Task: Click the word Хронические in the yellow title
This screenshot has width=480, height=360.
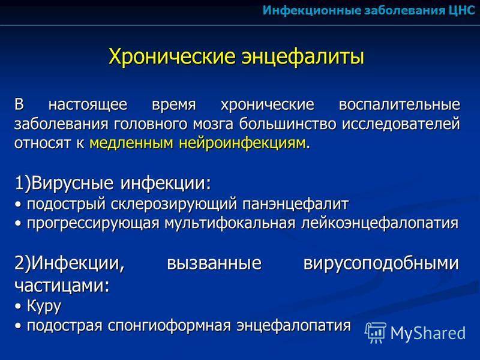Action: [x=172, y=56]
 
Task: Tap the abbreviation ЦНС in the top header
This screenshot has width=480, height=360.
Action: [x=462, y=11]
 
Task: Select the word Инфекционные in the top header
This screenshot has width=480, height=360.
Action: [x=311, y=11]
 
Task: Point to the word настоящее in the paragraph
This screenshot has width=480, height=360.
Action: [x=88, y=104]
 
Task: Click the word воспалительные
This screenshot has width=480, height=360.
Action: [x=400, y=104]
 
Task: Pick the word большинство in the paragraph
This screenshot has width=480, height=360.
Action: [x=288, y=124]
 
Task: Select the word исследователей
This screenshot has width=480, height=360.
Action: [x=401, y=124]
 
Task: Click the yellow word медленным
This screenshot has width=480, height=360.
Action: [x=131, y=143]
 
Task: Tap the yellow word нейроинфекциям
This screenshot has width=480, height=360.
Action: [x=242, y=143]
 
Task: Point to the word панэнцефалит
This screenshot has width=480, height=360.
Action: [x=295, y=205]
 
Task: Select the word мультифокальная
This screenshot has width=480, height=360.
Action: [x=230, y=223]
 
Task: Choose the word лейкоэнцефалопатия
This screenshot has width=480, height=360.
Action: [x=380, y=223]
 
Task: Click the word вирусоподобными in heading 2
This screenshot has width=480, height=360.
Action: [x=382, y=263]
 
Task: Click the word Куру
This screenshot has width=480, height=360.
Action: [x=44, y=306]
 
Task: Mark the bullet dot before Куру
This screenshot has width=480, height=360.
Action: [x=19, y=307]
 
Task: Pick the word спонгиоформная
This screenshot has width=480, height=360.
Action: [x=169, y=326]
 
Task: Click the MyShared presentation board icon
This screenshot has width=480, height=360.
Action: [x=376, y=332]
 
